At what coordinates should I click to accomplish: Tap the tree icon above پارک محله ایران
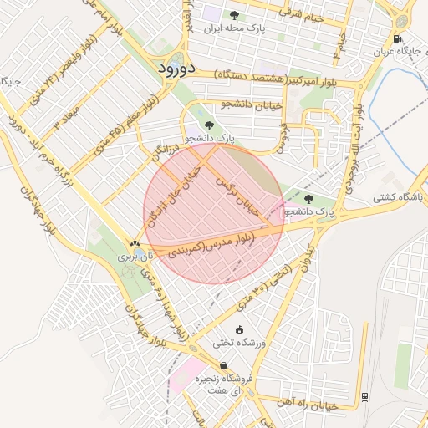tap(233, 15)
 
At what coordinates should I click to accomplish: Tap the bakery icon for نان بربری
tap(135, 243)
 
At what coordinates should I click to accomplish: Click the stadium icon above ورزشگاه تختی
tap(241, 330)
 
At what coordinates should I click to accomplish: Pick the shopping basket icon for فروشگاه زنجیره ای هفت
tap(223, 366)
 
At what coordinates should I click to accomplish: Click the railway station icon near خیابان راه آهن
tap(365, 396)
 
